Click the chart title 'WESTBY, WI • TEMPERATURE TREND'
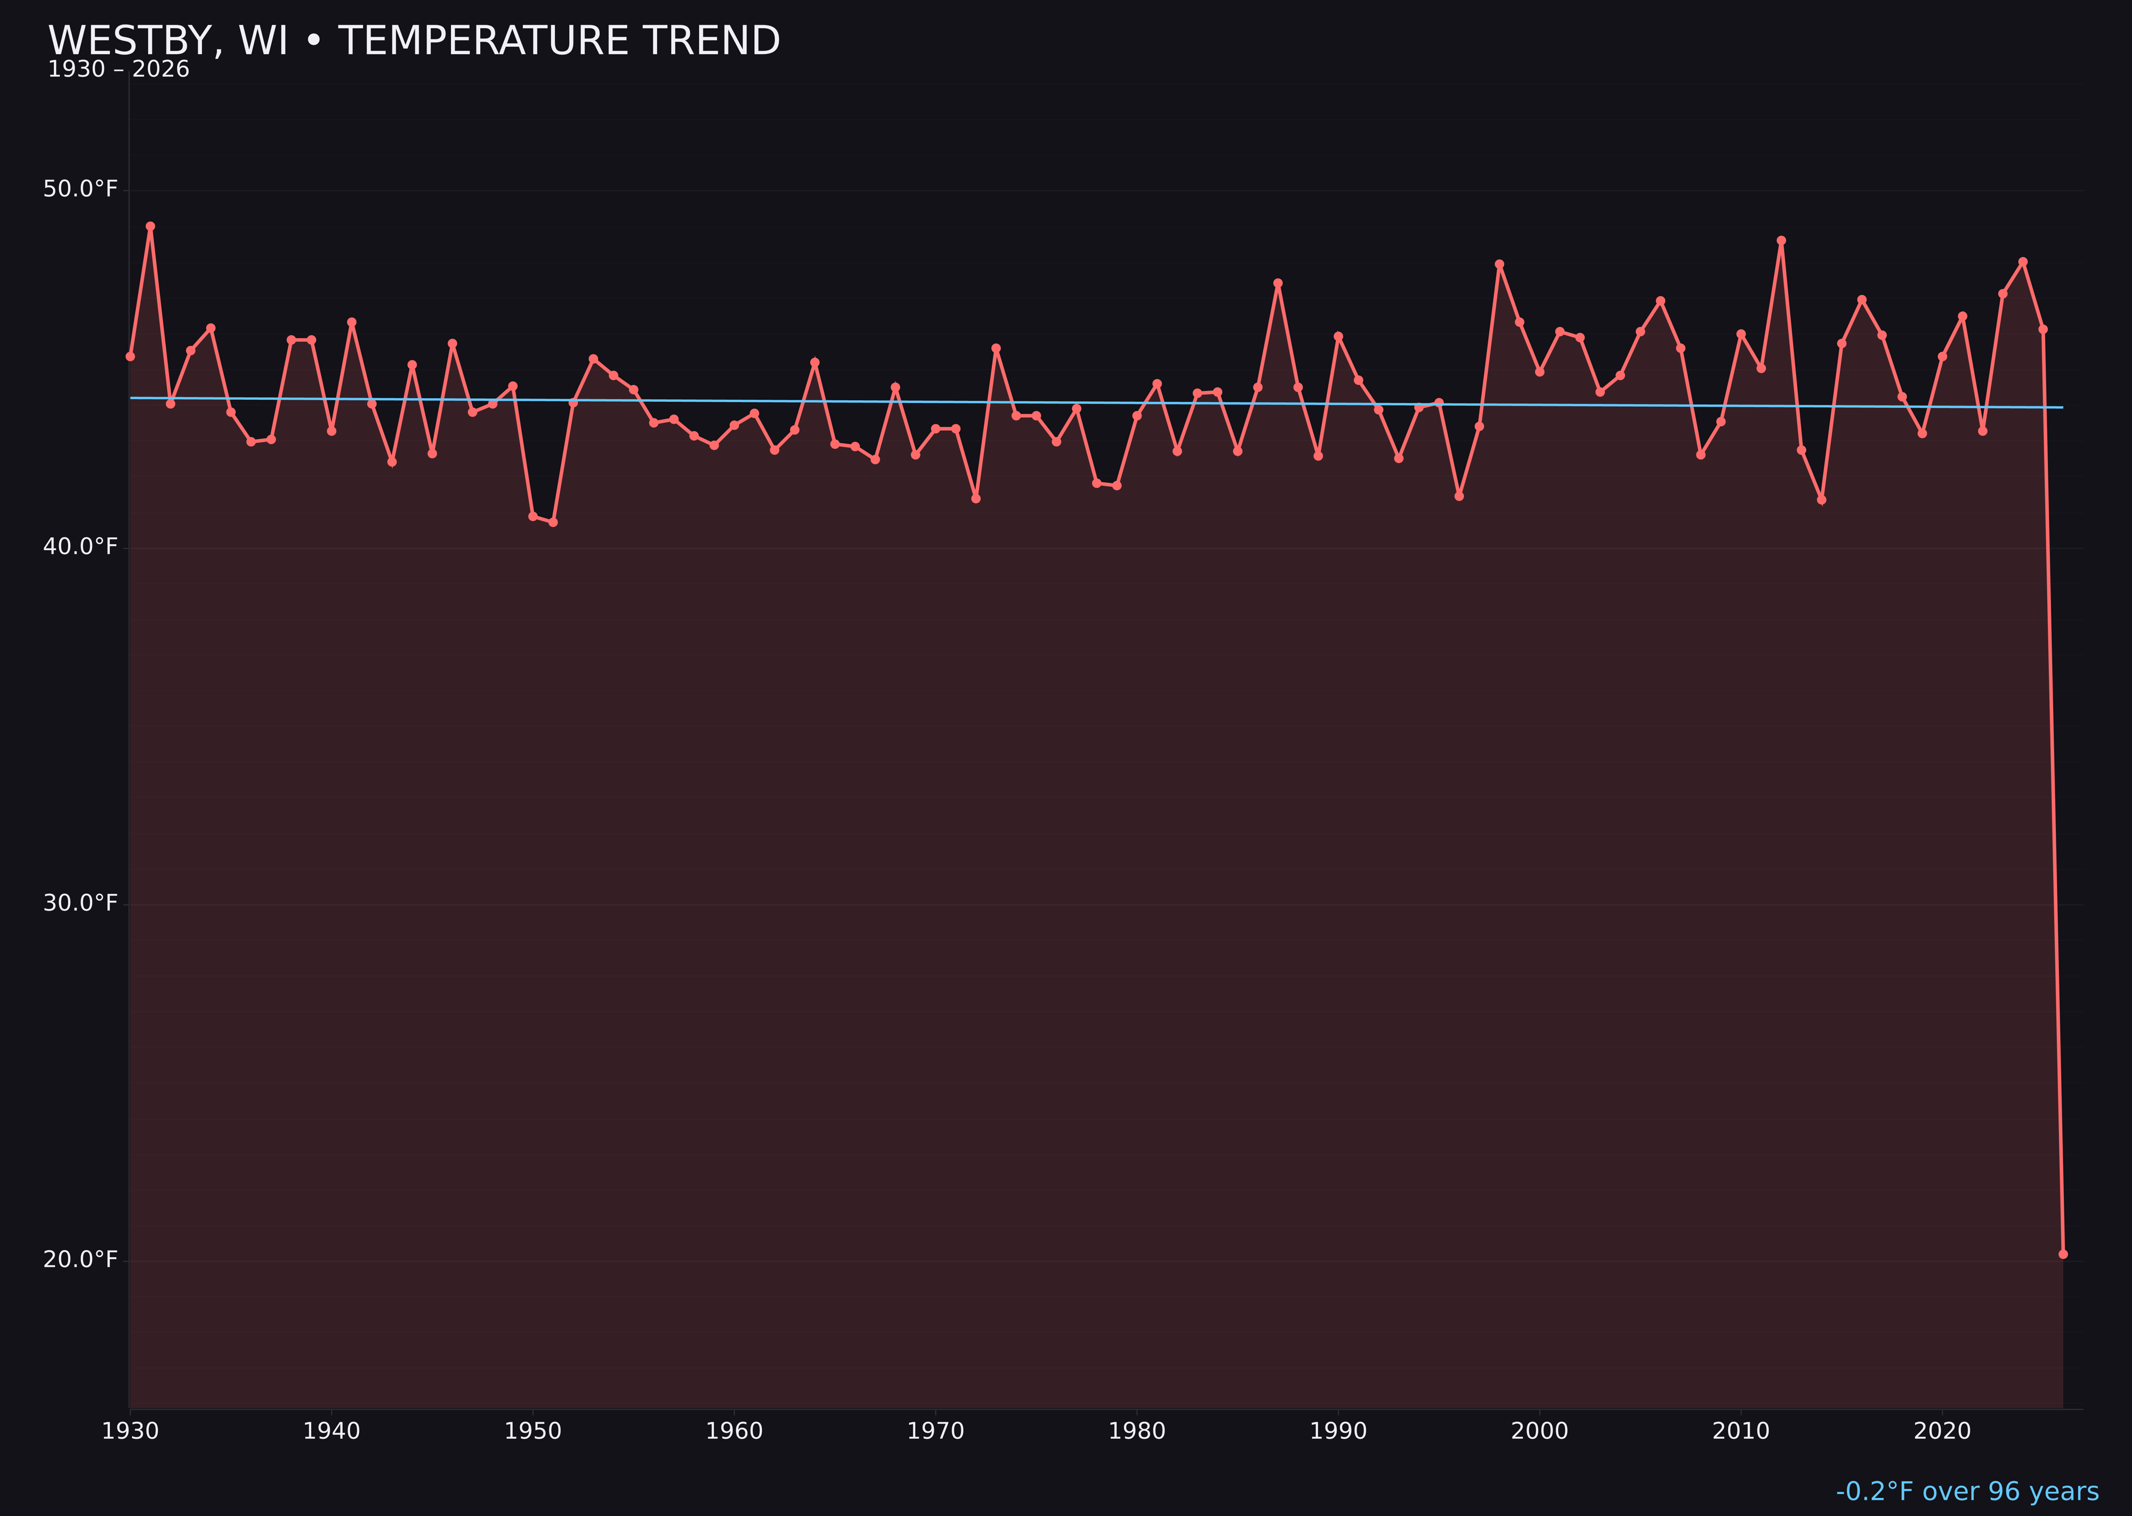click(414, 41)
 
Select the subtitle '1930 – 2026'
click(118, 70)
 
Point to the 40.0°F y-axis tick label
click(80, 546)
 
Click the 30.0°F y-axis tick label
click(80, 902)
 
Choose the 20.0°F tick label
click(80, 1259)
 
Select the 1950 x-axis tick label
click(533, 1431)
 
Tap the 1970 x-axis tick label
click(935, 1431)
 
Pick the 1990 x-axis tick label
click(1338, 1431)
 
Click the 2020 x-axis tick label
click(1942, 1431)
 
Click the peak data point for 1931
click(150, 226)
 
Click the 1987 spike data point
click(1278, 283)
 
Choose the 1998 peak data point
click(1499, 264)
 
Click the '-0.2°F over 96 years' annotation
click(1967, 1491)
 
